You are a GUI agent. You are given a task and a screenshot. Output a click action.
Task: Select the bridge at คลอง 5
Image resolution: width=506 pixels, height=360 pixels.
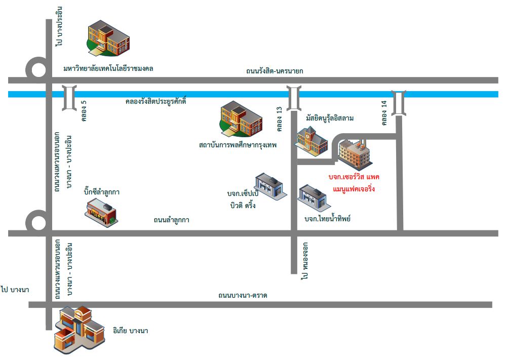[x=68, y=98]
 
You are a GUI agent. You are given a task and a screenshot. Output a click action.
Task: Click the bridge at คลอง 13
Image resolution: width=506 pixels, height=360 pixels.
[x=293, y=98]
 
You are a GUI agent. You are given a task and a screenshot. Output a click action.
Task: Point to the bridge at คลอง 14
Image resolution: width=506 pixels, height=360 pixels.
[x=399, y=102]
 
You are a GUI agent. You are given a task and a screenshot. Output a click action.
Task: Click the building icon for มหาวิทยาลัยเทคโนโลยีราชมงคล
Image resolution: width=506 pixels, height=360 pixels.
[x=107, y=38]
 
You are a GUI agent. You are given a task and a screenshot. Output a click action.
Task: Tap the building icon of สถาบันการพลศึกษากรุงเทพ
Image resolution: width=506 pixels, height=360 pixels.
[x=241, y=120]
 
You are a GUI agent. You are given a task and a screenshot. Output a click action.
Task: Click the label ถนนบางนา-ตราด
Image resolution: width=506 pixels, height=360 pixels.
[x=243, y=295]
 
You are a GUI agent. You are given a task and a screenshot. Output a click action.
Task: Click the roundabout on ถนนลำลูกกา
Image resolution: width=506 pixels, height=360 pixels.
[x=36, y=222]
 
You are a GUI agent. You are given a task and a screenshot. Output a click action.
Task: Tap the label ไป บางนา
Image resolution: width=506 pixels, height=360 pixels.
[x=15, y=289]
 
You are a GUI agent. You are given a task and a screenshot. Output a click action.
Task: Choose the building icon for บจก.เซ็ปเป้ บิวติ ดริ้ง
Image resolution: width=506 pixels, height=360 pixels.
[x=270, y=186]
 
